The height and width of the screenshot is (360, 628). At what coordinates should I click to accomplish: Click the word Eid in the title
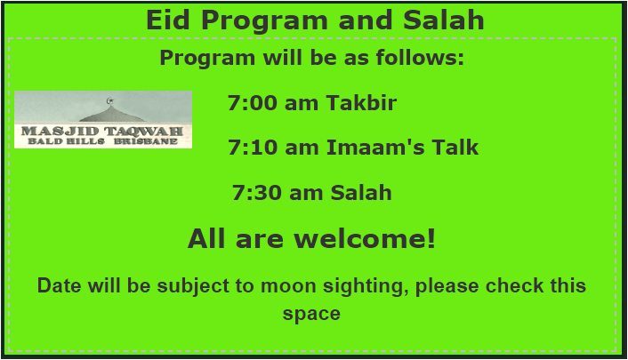point(168,20)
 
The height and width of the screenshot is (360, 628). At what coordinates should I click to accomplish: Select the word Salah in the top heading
point(443,20)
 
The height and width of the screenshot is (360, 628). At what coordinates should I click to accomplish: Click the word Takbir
point(361,102)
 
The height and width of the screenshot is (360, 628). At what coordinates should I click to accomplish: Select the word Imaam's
point(375,147)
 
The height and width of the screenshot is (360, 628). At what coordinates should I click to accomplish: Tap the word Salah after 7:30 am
point(361,192)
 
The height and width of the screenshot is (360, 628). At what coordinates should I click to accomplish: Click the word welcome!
point(365,238)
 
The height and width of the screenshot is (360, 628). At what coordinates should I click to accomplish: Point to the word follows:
point(420,57)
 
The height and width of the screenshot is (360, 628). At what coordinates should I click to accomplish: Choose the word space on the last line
point(311,314)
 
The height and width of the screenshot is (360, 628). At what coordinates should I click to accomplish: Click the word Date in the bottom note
point(59,286)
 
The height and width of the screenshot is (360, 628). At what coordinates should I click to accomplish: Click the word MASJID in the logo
point(60,131)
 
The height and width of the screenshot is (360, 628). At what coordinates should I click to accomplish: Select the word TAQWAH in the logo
point(144,131)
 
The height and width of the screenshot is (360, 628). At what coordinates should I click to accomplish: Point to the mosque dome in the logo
point(112,114)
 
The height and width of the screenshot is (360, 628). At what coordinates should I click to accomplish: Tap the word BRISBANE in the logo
point(146,141)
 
